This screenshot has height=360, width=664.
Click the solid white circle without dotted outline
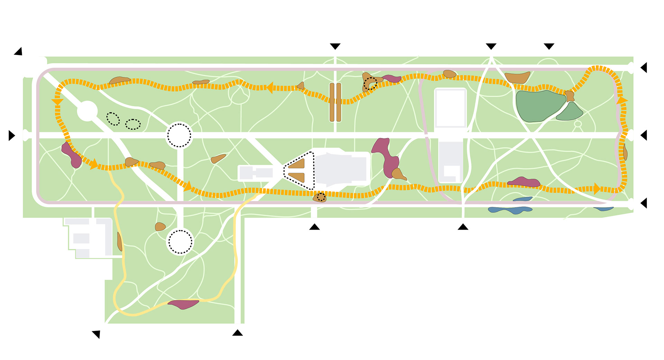point(87,111)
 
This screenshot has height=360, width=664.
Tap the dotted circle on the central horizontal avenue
point(179,135)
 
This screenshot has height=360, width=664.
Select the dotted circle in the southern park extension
point(180,242)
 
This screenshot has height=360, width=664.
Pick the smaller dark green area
point(570,112)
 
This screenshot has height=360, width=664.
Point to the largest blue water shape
point(510,210)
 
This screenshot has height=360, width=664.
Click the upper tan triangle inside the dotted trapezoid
point(298,164)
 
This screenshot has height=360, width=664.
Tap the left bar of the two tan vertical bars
point(332,102)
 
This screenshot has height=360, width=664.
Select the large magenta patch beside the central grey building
point(386,156)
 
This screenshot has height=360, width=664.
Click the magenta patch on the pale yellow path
point(183,304)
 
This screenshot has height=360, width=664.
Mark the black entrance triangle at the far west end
point(12,136)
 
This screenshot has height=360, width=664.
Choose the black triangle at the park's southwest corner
point(96,334)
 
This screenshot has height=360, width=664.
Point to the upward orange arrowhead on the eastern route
point(621,100)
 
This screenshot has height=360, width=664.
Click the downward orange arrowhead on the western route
point(57,102)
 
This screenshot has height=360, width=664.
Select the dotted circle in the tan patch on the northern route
point(370,83)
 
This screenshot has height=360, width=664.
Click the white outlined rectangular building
point(450,108)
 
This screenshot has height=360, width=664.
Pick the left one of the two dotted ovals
point(113,119)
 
